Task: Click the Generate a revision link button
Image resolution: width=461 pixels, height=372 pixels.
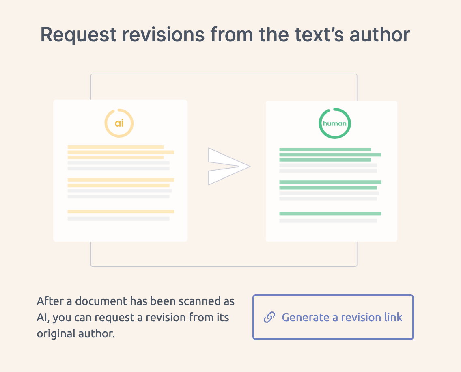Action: point(333,317)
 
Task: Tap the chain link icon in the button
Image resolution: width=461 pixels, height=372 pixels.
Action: point(269,317)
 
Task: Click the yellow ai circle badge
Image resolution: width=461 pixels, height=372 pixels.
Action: point(119,123)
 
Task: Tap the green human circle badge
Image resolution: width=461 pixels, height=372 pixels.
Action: point(334,123)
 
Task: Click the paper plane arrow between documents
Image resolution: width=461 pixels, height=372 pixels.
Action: point(227,167)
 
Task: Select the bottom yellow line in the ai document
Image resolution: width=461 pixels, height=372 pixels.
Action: point(121,212)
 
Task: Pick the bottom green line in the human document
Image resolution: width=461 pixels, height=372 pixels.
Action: point(330,214)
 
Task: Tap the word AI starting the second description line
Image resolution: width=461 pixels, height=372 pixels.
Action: point(42,318)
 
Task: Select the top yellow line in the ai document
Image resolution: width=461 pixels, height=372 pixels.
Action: point(115,147)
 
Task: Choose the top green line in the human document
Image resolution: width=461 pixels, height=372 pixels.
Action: point(325,149)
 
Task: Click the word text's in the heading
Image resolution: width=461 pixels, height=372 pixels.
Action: point(311,35)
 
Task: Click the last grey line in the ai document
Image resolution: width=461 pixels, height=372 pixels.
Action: point(118,218)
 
